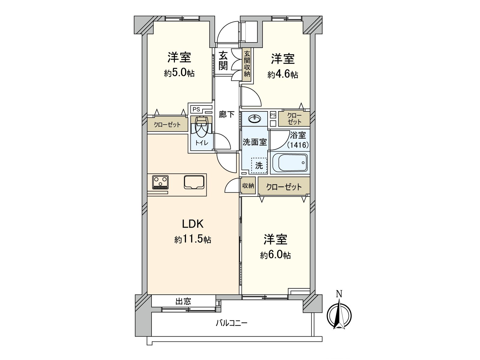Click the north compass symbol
pos(339,315)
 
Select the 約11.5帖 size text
pos(193,239)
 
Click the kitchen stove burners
pos(160,182)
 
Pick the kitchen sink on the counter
pos(194,182)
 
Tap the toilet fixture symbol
pos(201,126)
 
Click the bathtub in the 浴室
pos(289,163)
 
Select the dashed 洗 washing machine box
pos(259,165)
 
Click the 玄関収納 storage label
pos(247,64)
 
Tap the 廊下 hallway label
pos(226,114)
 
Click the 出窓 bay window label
pos(183,301)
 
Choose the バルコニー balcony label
pos(231,323)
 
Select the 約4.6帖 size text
pos(283,74)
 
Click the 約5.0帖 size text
pos(179,73)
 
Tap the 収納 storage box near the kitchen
pos(248,186)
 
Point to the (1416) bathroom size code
pos(298,145)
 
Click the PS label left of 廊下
pos(196,109)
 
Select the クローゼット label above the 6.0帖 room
pos(284,187)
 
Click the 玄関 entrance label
pos(223,61)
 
